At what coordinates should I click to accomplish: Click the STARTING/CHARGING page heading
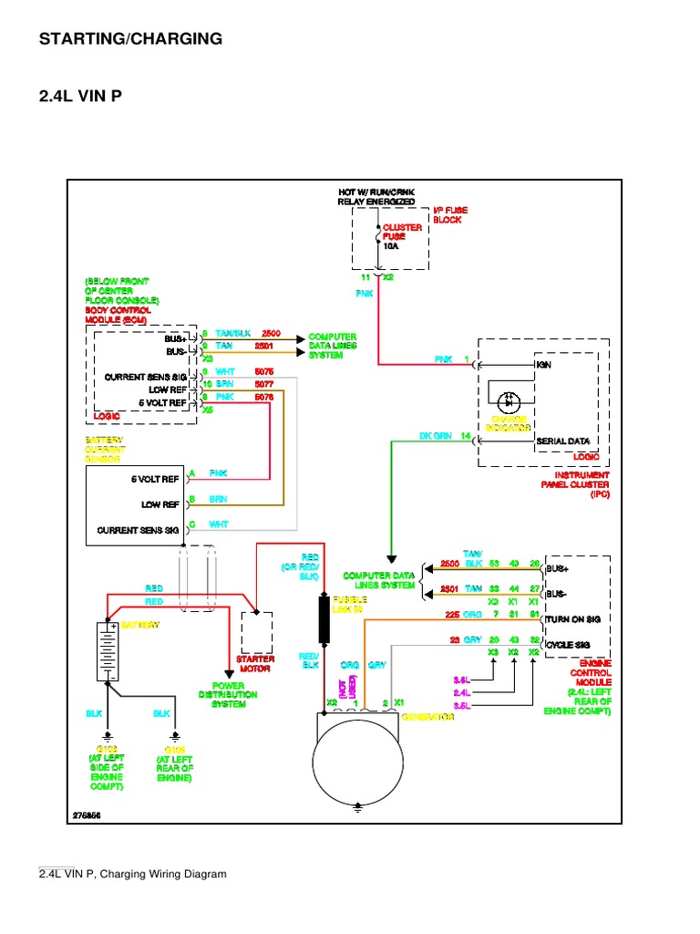130,38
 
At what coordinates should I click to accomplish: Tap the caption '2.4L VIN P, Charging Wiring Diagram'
132,874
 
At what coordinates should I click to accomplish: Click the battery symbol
108,651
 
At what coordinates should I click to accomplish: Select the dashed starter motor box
256,631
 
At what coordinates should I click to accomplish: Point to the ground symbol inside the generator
357,806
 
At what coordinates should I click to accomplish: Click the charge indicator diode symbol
510,401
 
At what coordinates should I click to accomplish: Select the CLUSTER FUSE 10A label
402,233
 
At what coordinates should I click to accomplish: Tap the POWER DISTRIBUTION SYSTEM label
235,695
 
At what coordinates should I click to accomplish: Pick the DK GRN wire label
436,437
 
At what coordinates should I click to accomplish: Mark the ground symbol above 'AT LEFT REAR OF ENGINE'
174,734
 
